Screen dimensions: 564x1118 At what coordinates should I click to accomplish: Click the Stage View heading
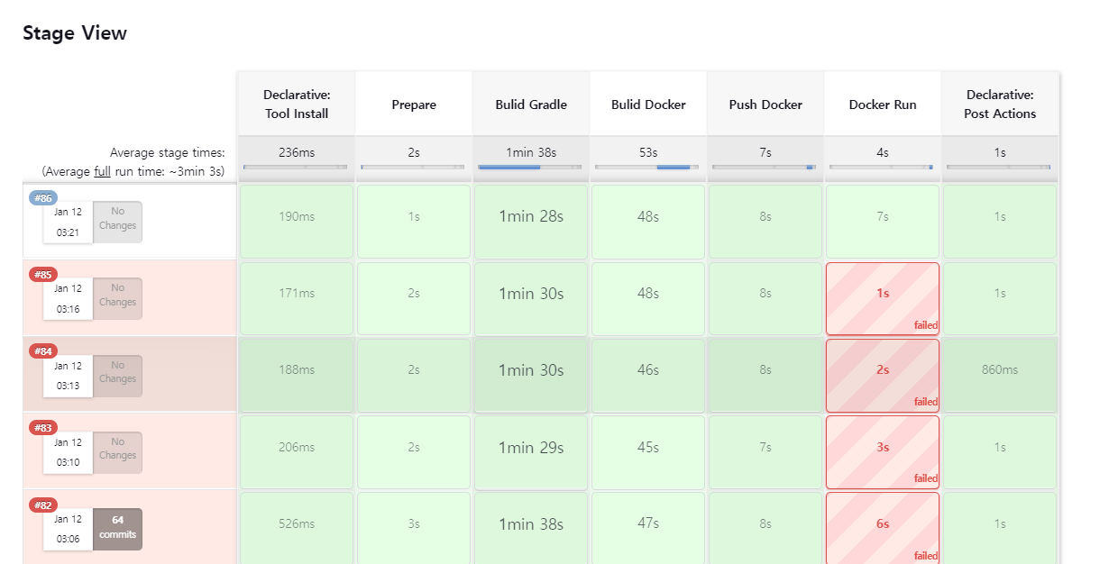[x=75, y=33]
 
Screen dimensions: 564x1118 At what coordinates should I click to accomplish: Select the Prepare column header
[x=414, y=105]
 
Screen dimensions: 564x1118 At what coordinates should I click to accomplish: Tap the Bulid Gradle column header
[x=531, y=105]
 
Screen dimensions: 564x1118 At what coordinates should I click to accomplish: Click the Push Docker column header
[x=765, y=105]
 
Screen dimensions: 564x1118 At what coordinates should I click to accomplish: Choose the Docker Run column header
[x=883, y=105]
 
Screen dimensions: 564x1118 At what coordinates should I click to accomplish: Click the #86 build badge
[x=43, y=198]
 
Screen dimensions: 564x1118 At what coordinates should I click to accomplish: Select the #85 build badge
[x=43, y=275]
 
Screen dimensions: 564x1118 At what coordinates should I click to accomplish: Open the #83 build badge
[x=43, y=428]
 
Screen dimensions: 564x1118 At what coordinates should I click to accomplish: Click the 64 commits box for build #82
[x=118, y=527]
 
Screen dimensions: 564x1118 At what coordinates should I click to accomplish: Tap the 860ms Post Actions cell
[x=1000, y=370]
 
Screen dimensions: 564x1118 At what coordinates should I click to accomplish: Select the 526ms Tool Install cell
[x=297, y=524]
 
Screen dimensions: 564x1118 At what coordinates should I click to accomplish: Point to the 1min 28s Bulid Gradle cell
[x=531, y=216]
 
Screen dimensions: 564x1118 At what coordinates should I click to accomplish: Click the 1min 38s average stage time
[x=531, y=153]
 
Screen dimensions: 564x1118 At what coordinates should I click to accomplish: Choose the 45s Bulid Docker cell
[x=648, y=447]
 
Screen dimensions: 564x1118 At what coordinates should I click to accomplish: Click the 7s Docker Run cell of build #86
[x=883, y=216]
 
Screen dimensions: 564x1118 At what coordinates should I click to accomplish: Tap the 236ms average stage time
[x=297, y=153]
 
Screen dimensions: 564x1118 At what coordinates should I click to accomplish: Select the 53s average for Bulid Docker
[x=648, y=153]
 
